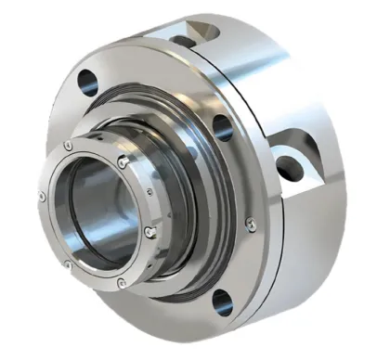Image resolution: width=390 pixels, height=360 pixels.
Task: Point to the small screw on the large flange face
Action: click(x=248, y=222)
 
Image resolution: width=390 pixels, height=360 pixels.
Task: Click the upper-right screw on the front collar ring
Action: click(x=123, y=161)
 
